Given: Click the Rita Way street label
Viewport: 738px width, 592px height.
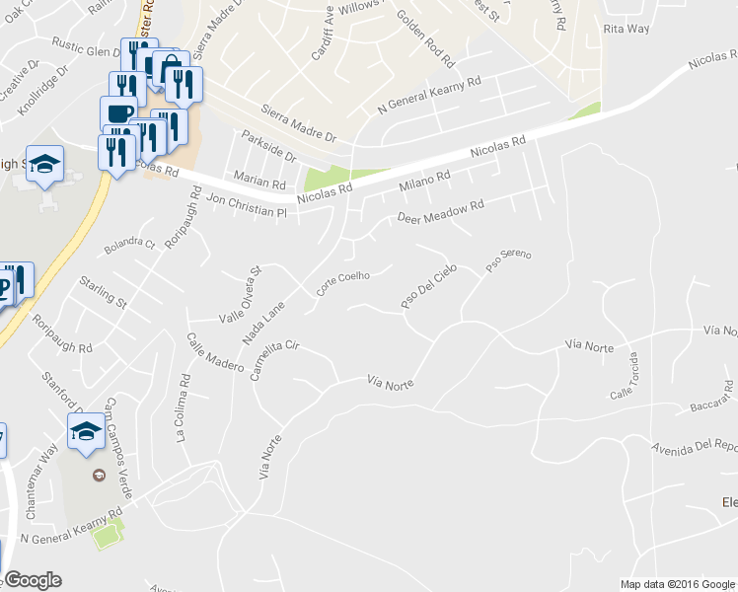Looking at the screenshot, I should [627, 29].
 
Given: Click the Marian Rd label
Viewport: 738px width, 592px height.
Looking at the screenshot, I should [258, 183].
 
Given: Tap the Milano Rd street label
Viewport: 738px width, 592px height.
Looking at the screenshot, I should [424, 182].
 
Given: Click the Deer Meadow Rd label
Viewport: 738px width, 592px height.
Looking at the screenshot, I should [441, 211].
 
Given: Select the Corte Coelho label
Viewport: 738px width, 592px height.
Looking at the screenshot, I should [342, 283].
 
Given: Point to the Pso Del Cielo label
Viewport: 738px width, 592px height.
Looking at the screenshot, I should [429, 287].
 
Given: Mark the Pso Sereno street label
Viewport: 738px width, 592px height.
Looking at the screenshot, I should [508, 261].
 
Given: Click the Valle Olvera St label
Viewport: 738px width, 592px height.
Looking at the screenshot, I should [238, 293].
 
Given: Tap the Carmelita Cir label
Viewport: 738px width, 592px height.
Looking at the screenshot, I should [274, 360].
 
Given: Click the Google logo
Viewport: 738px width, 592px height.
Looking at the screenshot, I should [32, 580].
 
